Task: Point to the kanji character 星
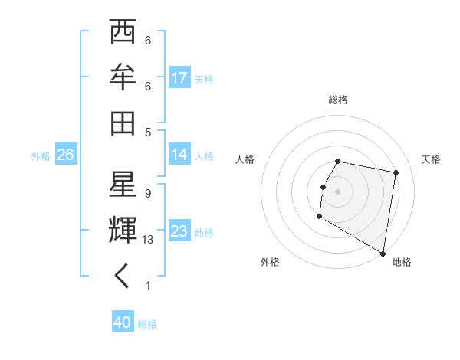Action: pos(123,184)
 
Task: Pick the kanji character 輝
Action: pos(123,230)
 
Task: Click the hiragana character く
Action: pos(123,276)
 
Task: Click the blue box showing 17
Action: pos(179,77)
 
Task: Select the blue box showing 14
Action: pos(179,155)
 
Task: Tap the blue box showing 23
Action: pos(179,231)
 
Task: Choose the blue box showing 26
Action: pos(65,155)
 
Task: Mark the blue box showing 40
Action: pos(123,323)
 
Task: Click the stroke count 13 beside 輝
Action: pos(148,240)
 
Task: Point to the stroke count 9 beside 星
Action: pos(148,194)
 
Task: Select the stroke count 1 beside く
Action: pos(148,286)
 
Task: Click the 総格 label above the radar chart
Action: pos(338,100)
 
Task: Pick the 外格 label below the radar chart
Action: pos(270,262)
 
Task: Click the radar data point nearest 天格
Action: pos(396,173)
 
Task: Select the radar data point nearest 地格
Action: pos(383,254)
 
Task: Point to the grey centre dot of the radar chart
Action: pos(338,191)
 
